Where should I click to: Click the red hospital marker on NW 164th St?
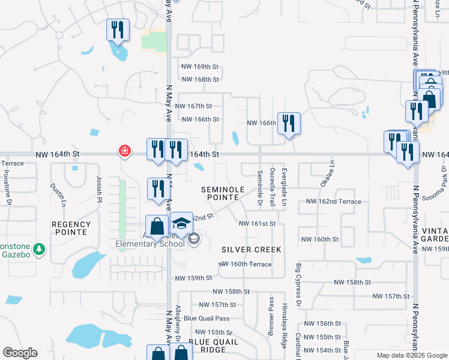pos(124,151)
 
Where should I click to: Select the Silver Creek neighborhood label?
pos(251,249)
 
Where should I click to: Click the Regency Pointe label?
pos(71,228)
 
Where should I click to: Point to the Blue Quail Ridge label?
pos(214,346)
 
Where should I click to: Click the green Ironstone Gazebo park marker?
pos(39,249)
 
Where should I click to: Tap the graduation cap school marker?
pos(181,223)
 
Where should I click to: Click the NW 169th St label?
pos(200,67)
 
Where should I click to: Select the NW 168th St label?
pos(200,79)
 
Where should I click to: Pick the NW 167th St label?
pos(200,106)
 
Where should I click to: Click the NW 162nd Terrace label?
pos(333,202)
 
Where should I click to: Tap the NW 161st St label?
pos(257,224)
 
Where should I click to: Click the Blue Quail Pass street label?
pos(206,318)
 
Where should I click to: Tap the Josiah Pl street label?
pos(99,187)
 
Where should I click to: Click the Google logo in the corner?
pos(20,353)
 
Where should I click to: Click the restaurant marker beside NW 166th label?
pos(289,123)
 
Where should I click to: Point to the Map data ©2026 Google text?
pos(411,355)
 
